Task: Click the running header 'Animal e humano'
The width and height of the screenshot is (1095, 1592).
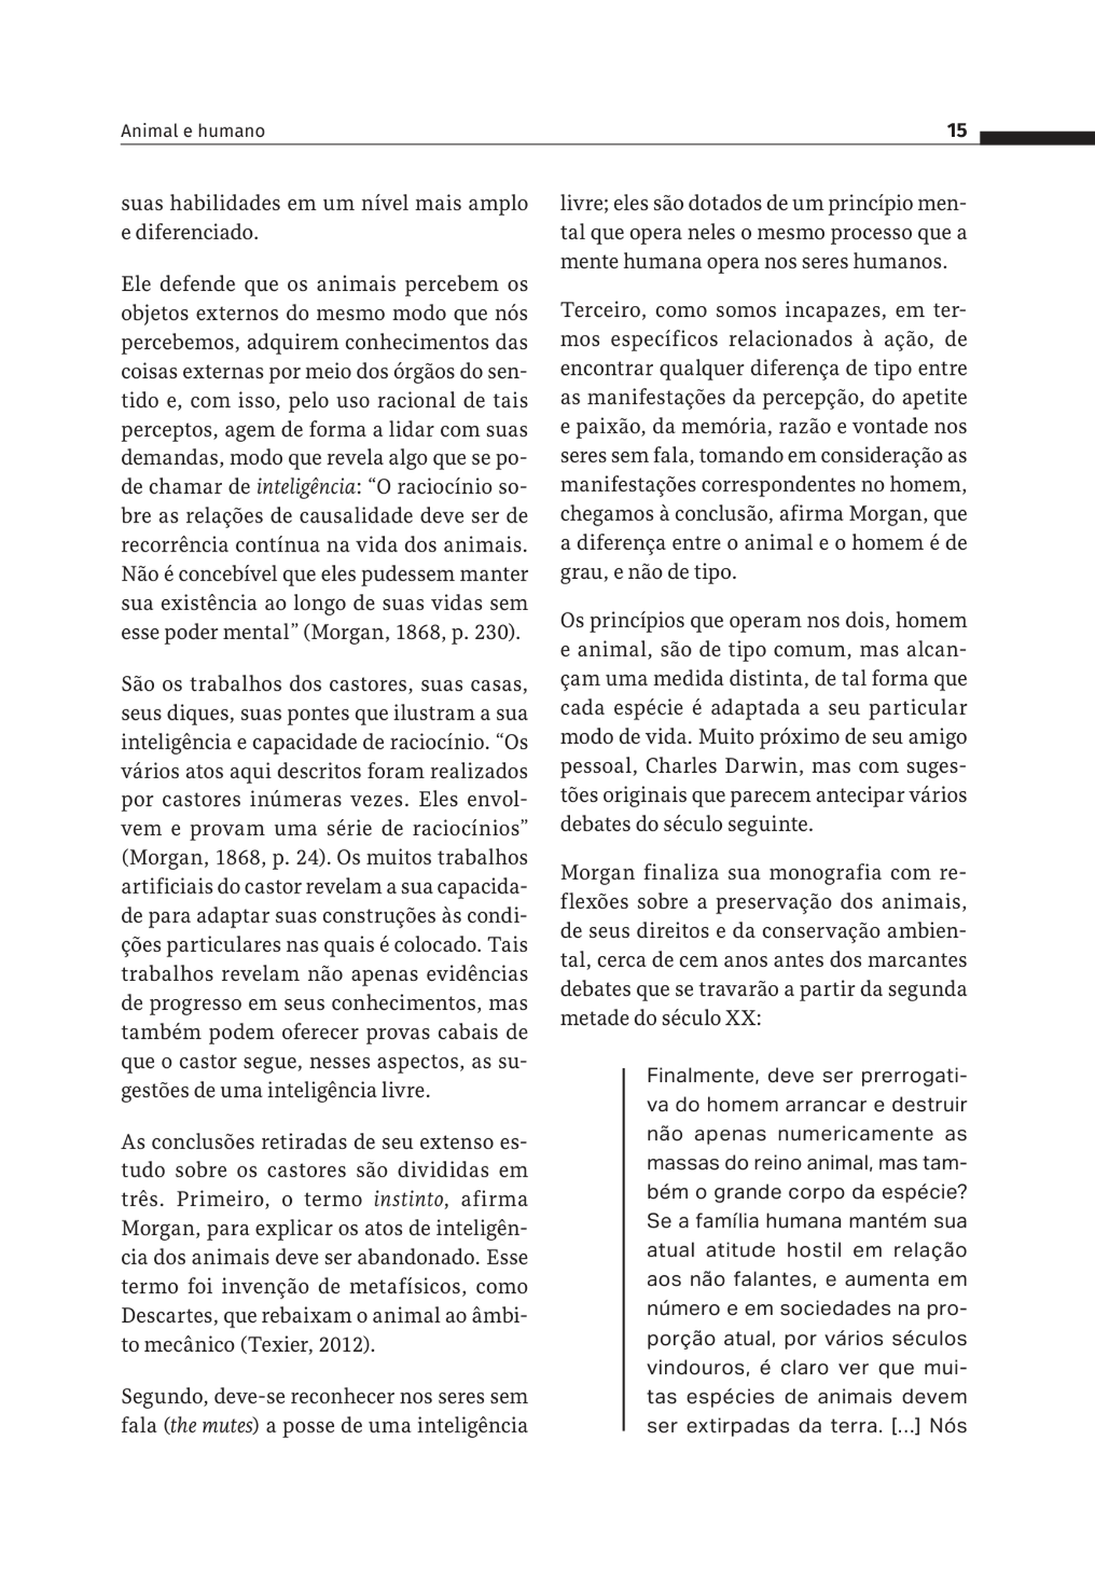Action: coord(192,131)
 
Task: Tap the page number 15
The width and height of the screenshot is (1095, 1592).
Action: coord(957,131)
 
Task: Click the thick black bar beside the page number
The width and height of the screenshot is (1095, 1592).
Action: coord(1036,138)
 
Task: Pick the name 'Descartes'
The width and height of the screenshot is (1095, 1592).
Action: coord(169,1316)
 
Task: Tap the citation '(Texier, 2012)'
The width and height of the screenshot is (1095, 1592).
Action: coord(307,1345)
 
